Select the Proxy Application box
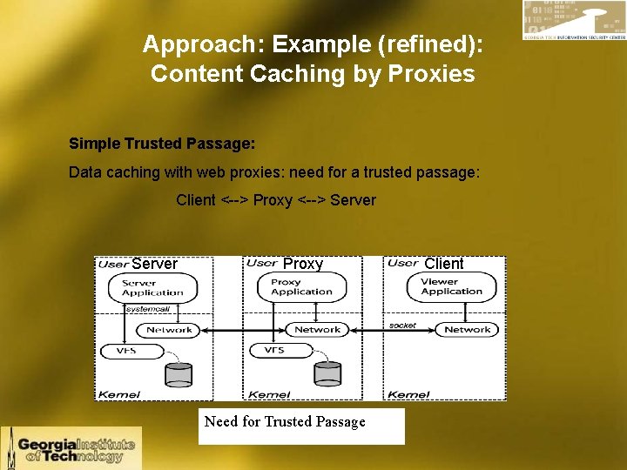tap(301, 287)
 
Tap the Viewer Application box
tap(451, 287)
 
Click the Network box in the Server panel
tap(169, 330)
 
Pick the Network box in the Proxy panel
tap(317, 330)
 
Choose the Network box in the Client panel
tap(468, 330)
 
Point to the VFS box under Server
tap(127, 351)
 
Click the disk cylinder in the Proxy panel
tap(328, 372)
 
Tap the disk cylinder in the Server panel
tap(179, 373)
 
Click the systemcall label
tap(148, 309)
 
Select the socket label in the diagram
tap(402, 325)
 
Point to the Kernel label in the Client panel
tap(408, 394)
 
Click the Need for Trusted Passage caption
tap(285, 422)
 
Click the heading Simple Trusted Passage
tap(162, 144)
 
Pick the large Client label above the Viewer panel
tap(444, 264)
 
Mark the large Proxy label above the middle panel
tap(303, 264)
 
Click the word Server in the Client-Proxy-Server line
tap(353, 200)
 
